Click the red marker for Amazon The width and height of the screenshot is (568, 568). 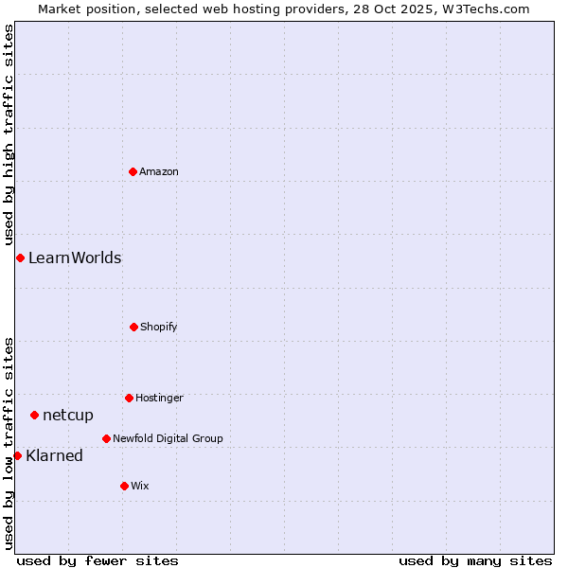pos(133,171)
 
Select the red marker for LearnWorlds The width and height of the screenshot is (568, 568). pos(20,257)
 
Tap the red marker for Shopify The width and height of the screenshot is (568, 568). pos(133,327)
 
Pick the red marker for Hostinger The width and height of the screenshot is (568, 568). pos(129,398)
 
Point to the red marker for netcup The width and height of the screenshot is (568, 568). pos(34,415)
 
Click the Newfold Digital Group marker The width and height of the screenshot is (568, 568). pos(106,438)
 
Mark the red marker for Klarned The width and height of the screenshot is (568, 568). pos(17,455)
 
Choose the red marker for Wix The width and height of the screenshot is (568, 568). pos(124,486)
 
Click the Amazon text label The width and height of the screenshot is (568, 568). pos(159,171)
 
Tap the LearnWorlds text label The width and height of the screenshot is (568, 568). pos(75,257)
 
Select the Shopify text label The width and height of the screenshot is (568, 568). pos(159,327)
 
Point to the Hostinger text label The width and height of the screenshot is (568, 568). pos(159,398)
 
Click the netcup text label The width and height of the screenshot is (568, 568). pos(68,415)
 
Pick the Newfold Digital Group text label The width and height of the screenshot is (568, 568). pos(168,438)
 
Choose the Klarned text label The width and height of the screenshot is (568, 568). pos(55,455)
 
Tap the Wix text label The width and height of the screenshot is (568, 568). pos(140,486)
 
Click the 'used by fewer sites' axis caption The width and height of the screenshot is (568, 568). pos(98,560)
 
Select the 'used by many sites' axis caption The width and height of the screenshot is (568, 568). pos(475,560)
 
